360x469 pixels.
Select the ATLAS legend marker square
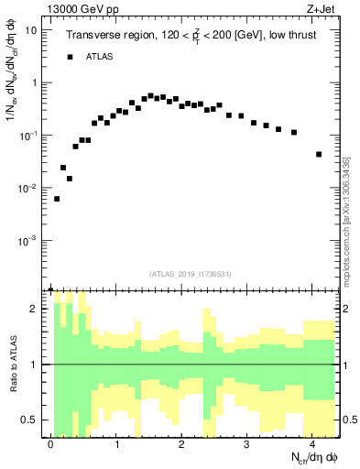click(70, 57)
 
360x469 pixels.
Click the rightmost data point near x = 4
click(319, 154)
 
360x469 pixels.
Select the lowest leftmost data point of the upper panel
click(57, 199)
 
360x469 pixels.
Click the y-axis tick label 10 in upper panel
click(31, 29)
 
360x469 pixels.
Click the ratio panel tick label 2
click(34, 309)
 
